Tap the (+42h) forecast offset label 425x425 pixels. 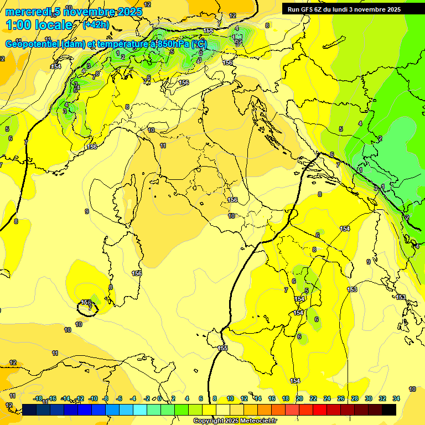point(96,24)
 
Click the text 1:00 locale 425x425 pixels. point(39,25)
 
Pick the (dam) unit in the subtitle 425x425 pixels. point(74,44)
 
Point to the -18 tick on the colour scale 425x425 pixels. point(38,398)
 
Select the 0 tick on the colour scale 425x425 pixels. point(160,398)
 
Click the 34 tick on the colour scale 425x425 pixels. point(396,398)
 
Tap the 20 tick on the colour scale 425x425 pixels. point(299,398)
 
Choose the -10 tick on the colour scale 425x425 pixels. point(93,398)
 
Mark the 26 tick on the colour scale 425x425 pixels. point(341,398)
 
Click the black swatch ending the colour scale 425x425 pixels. point(389,410)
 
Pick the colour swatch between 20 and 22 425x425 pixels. point(306,410)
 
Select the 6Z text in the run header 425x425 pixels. point(319,9)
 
